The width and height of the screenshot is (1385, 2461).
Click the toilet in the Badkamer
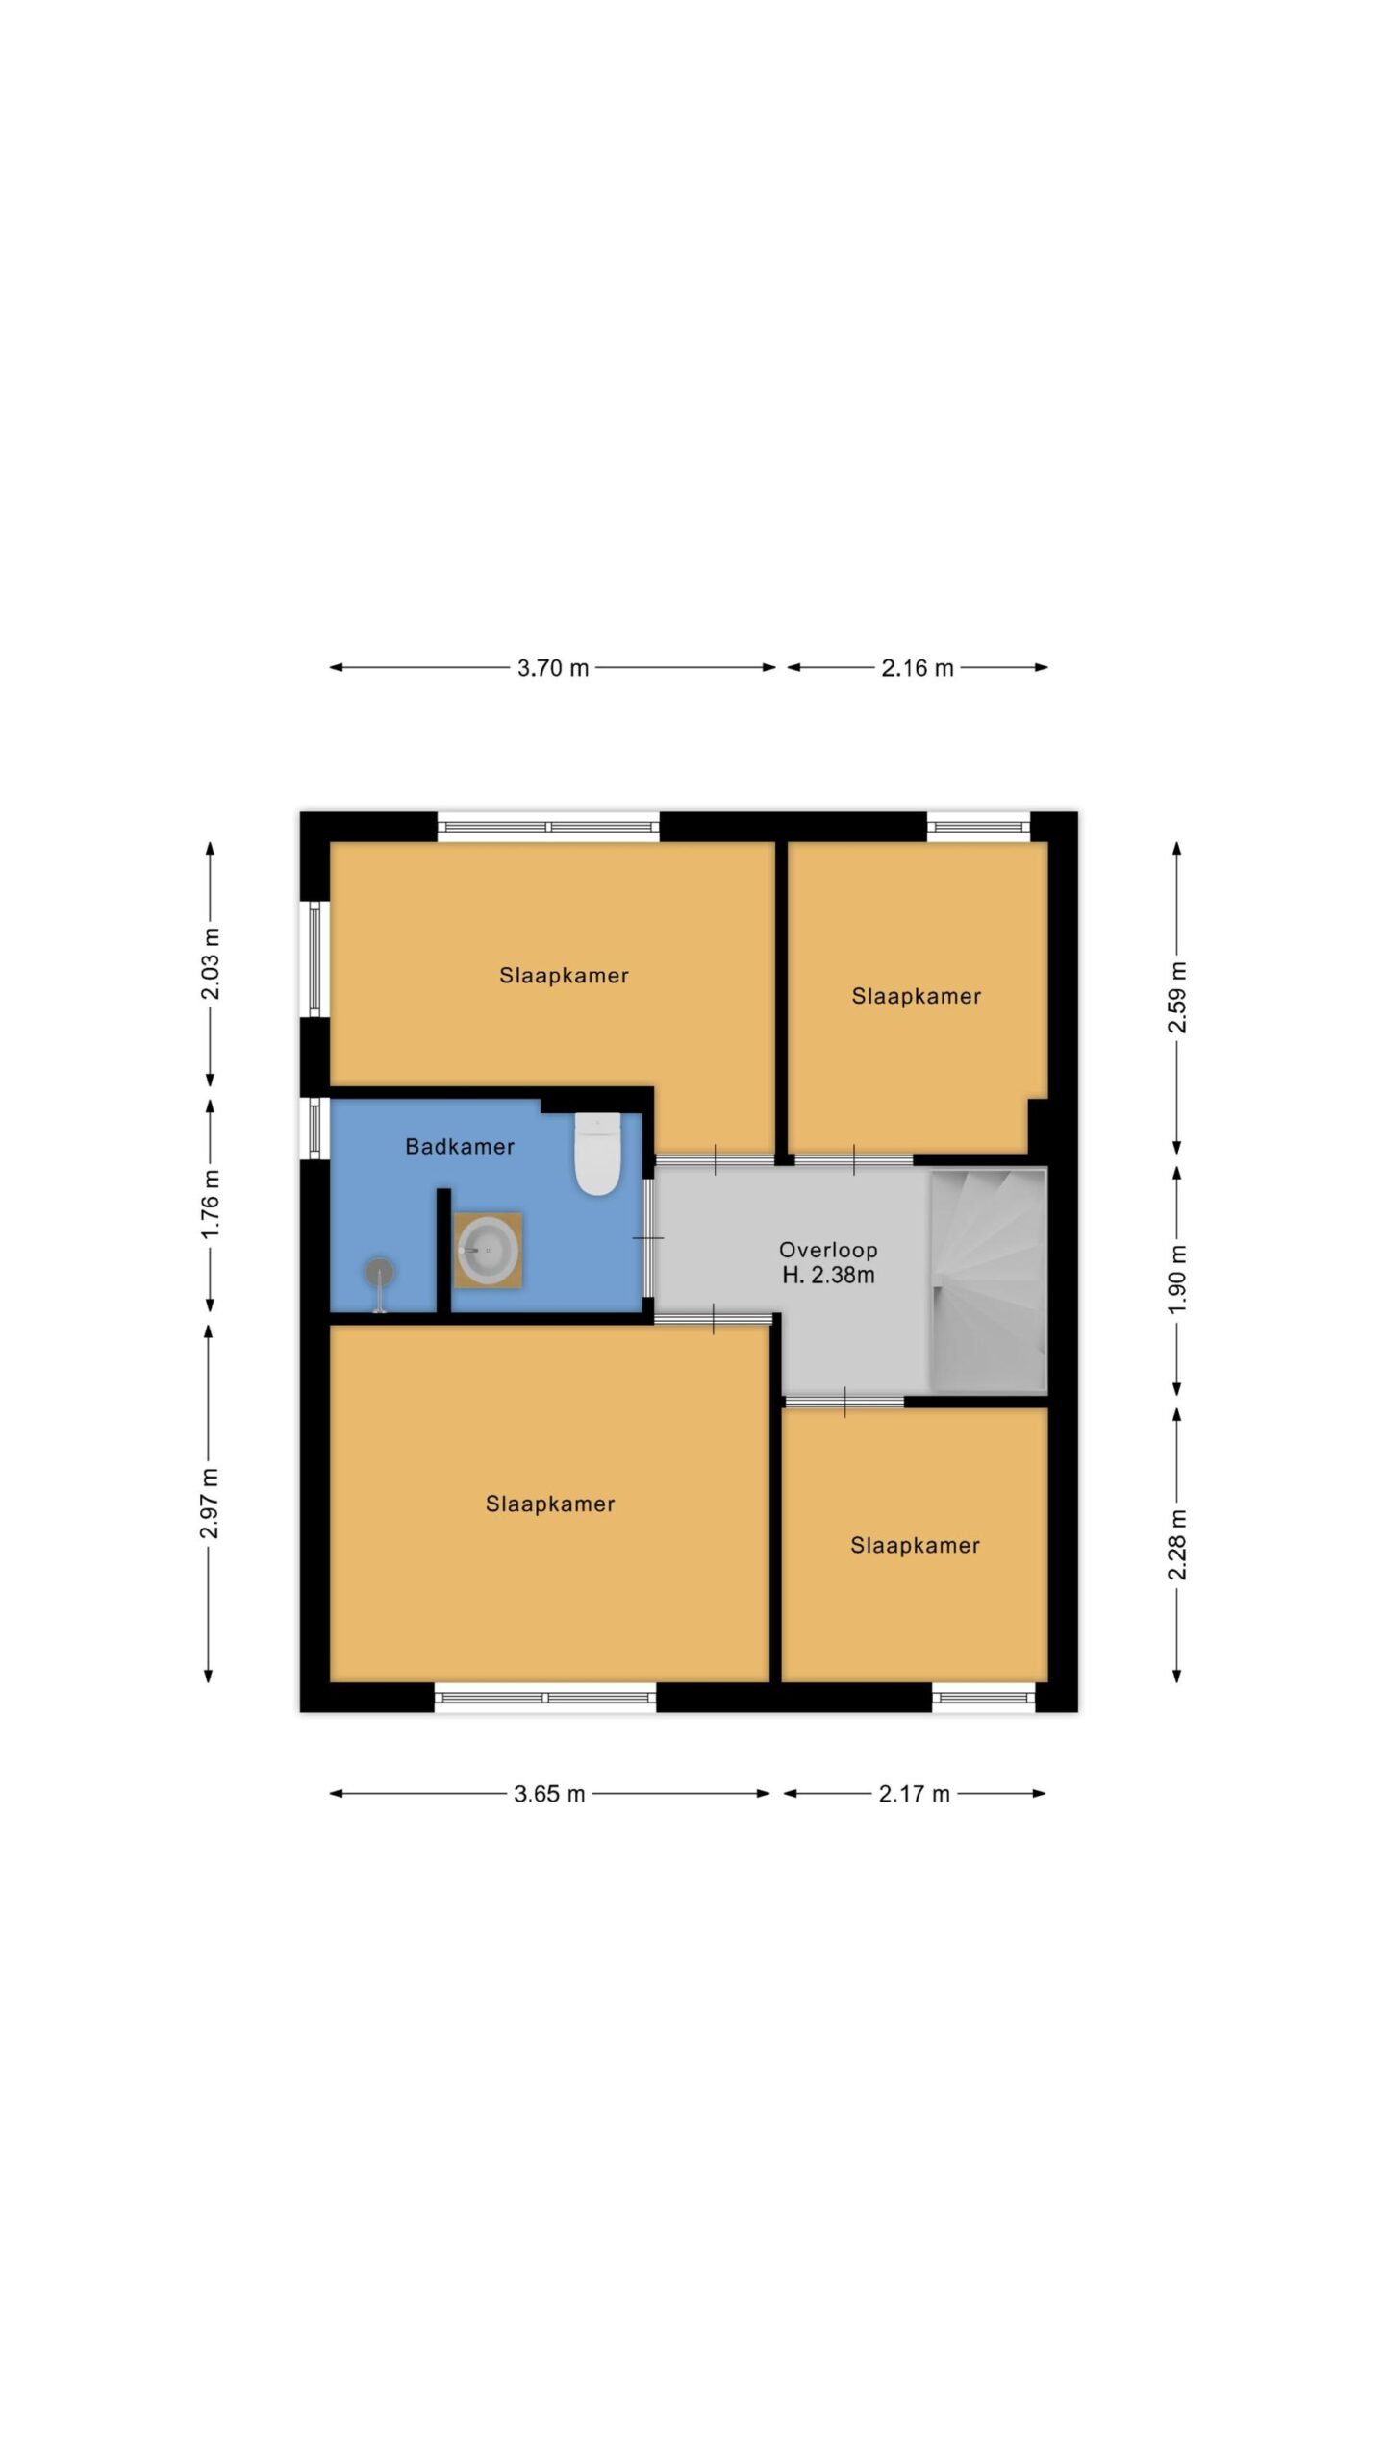(597, 1154)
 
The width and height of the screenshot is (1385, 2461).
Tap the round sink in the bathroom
(488, 1250)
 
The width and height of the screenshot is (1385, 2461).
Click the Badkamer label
(460, 1146)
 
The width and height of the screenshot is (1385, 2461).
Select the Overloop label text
(828, 1250)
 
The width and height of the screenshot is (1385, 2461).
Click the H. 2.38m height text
(828, 1276)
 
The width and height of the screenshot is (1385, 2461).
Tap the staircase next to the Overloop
(988, 1280)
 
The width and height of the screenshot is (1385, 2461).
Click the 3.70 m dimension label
(553, 668)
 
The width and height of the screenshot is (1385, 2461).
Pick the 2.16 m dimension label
(918, 668)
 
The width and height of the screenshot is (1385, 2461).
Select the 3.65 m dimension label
(549, 1794)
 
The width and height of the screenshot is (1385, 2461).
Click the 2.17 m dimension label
(914, 1794)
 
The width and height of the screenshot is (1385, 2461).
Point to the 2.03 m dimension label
(210, 963)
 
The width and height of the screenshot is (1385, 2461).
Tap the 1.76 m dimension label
(210, 1204)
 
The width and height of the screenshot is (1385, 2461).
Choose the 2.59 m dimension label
(1177, 997)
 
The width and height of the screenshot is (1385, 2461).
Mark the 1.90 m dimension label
(1177, 1280)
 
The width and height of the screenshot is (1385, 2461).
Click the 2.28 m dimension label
(1177, 1545)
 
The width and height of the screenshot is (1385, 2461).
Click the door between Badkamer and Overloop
(648, 1237)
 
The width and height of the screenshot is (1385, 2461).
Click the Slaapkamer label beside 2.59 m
(917, 996)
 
